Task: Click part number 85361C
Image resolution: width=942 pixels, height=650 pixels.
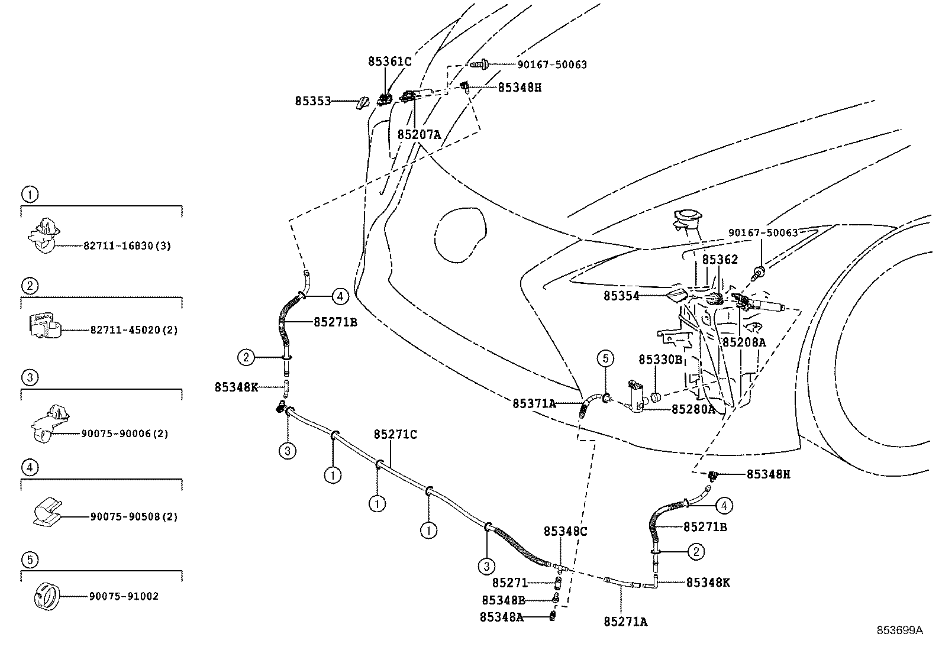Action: (389, 61)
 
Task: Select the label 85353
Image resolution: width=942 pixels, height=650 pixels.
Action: (312, 101)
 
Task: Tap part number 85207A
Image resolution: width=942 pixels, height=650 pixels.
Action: (419, 134)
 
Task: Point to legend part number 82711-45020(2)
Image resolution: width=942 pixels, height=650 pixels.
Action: (134, 330)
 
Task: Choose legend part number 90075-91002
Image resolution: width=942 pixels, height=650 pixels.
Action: (124, 596)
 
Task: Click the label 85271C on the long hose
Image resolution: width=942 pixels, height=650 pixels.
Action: (395, 435)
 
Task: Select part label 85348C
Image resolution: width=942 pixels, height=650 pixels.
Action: (565, 531)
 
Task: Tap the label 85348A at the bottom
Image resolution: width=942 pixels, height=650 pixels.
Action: (501, 617)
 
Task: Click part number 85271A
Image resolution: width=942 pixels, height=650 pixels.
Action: (625, 622)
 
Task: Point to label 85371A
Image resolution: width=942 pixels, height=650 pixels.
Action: (534, 403)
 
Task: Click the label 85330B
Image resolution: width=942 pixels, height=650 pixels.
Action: (660, 360)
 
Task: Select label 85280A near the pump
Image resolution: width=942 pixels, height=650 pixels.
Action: (693, 409)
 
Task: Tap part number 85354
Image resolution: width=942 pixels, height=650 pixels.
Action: (621, 296)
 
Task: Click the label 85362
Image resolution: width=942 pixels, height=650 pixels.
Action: (720, 260)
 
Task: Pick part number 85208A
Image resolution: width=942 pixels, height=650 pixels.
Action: (744, 342)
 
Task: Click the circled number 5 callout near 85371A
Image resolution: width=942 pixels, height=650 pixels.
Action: (605, 358)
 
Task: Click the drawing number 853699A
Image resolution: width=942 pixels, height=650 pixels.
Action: (899, 630)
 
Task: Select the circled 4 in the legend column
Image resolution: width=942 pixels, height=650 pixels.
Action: (30, 468)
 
